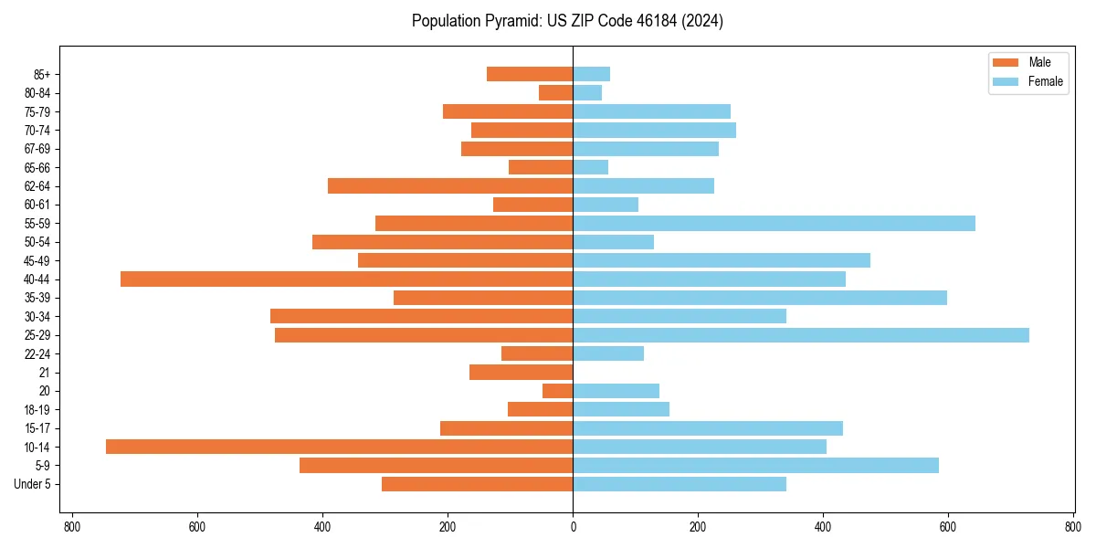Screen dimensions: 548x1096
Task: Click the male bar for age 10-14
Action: (x=339, y=447)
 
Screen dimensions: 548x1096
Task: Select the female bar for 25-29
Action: (x=800, y=335)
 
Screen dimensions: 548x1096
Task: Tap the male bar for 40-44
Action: (x=346, y=279)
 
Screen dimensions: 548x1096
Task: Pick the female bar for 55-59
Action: (x=774, y=223)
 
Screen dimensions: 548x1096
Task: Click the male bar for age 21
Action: (x=521, y=372)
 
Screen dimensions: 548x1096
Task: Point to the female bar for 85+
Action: (x=591, y=74)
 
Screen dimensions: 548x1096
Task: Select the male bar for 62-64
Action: (x=450, y=185)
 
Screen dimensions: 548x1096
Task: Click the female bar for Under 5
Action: (x=679, y=484)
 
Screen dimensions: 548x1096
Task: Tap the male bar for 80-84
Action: (x=555, y=92)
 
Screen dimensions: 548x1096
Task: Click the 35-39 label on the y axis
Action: (x=39, y=298)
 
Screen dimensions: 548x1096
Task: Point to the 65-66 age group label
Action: (x=39, y=167)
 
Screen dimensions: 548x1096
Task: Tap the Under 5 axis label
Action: (x=33, y=484)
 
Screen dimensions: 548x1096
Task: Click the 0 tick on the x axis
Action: (x=573, y=528)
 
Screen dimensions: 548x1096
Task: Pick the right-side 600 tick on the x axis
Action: (x=947, y=528)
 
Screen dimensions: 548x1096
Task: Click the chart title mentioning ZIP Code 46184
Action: (x=567, y=21)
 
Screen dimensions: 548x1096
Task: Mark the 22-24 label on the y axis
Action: (x=39, y=353)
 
